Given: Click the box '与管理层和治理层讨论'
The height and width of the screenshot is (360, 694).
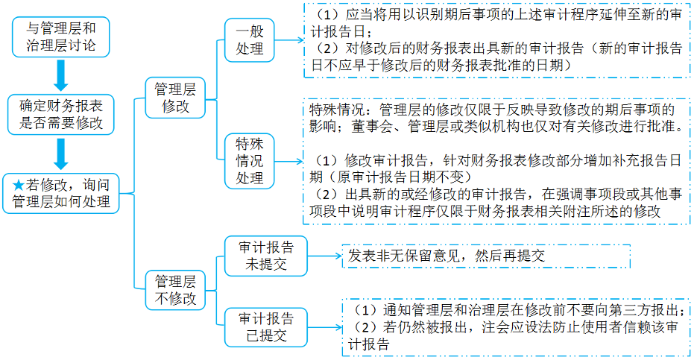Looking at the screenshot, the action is [x=60, y=37].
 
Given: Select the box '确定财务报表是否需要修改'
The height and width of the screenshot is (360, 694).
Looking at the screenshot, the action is [x=60, y=114].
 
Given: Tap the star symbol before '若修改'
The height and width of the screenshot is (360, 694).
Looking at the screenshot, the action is [x=18, y=185].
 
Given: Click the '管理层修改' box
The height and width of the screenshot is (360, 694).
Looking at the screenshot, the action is [x=175, y=98].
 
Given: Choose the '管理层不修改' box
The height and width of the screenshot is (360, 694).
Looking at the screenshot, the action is [x=175, y=290].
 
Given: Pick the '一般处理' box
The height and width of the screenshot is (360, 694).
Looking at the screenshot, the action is [x=249, y=40].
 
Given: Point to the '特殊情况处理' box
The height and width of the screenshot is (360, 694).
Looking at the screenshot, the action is [x=249, y=161].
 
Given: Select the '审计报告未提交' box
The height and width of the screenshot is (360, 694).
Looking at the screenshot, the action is [x=265, y=256].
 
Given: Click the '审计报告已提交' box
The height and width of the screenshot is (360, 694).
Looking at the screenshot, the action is [x=265, y=327].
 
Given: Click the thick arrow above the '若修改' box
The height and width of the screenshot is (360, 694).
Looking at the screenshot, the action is [x=60, y=154].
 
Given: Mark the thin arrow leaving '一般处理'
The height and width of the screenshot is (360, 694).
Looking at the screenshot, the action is [x=289, y=40].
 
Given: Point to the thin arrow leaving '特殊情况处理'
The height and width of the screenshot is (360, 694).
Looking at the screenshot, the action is [x=288, y=162].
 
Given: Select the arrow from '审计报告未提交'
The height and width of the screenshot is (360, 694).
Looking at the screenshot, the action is [x=325, y=256].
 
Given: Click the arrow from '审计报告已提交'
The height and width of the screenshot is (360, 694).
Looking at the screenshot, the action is [x=325, y=328].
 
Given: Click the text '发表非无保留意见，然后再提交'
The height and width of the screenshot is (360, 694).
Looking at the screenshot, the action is [x=446, y=256].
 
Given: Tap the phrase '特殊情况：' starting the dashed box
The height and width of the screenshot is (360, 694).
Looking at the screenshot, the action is [x=344, y=110].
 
